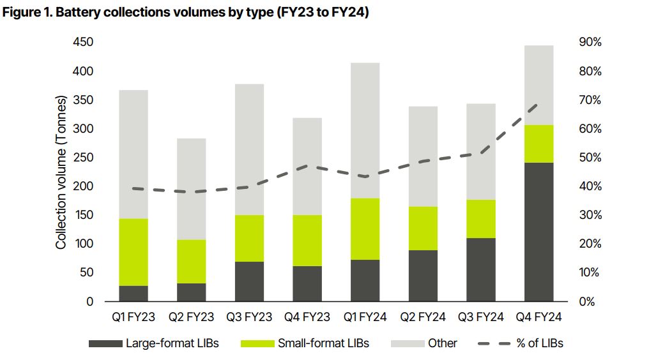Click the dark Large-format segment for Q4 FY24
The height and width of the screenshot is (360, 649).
click(539, 232)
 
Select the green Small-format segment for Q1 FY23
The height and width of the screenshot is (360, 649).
click(134, 252)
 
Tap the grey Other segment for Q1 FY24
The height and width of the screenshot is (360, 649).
click(365, 130)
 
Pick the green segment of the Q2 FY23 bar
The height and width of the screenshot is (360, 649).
click(191, 262)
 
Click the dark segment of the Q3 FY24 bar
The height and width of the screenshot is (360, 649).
click(481, 269)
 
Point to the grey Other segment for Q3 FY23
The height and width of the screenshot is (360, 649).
click(249, 149)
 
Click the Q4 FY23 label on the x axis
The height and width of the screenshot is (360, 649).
click(307, 317)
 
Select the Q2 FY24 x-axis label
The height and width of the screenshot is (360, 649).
click(423, 317)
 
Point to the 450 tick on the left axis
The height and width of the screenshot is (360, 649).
click(83, 41)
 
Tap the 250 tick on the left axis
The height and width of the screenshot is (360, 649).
click(83, 157)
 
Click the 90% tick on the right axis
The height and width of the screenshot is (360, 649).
click(590, 41)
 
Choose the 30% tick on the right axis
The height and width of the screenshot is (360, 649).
click(590, 214)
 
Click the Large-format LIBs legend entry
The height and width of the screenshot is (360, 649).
click(153, 343)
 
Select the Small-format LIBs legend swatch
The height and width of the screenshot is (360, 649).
click(257, 343)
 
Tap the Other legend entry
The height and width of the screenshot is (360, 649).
click(424, 343)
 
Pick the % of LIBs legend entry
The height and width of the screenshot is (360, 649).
click(520, 343)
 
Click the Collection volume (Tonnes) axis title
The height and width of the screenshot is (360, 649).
click(61, 172)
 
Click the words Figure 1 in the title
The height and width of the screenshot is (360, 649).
click(27, 12)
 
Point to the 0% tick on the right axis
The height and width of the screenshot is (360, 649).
click(586, 302)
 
